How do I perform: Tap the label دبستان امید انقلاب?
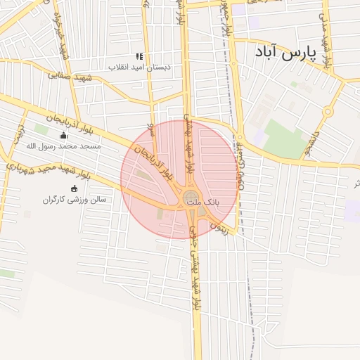pos(139,67)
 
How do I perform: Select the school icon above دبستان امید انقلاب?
pos(139,56)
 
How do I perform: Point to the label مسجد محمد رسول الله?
pos(63,146)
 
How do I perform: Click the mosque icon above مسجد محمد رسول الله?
pos(64,136)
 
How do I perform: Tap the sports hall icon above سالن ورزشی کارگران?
pos(74,188)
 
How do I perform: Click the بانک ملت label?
pos(207,202)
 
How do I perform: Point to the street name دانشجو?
pos(314,135)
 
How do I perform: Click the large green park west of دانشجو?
pos(284,139)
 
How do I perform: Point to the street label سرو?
pos(151,130)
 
